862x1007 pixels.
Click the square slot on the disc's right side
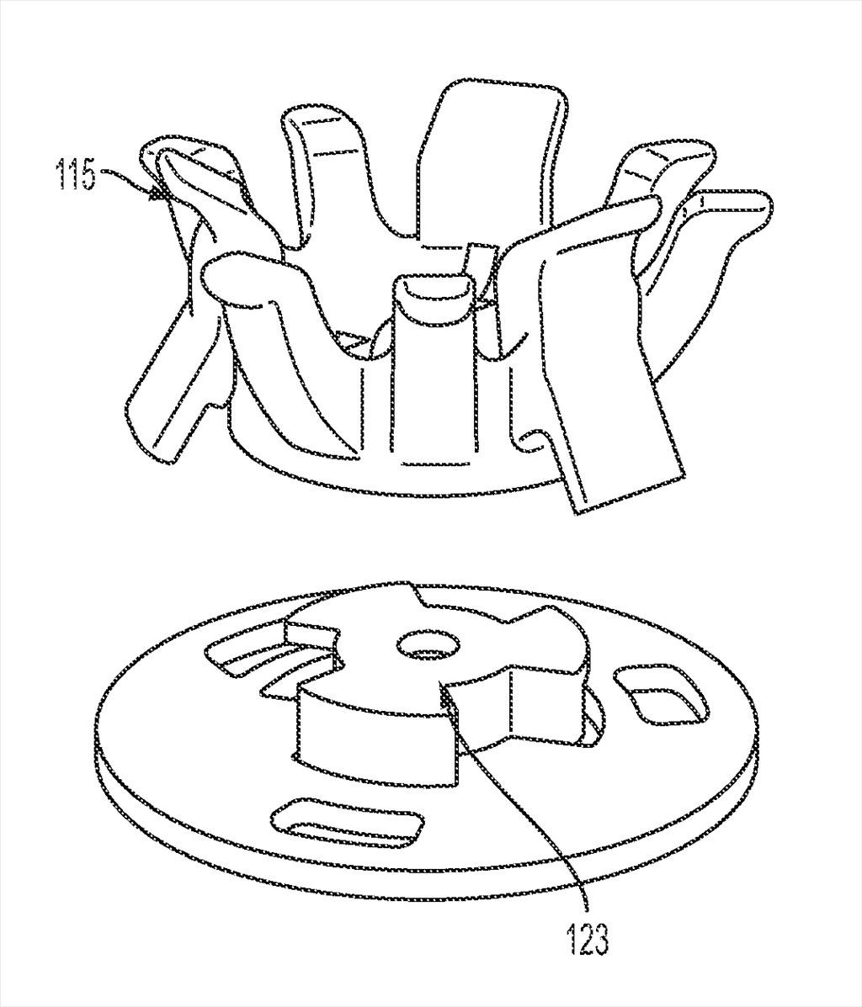(x=662, y=699)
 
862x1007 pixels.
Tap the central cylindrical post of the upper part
(x=432, y=373)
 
